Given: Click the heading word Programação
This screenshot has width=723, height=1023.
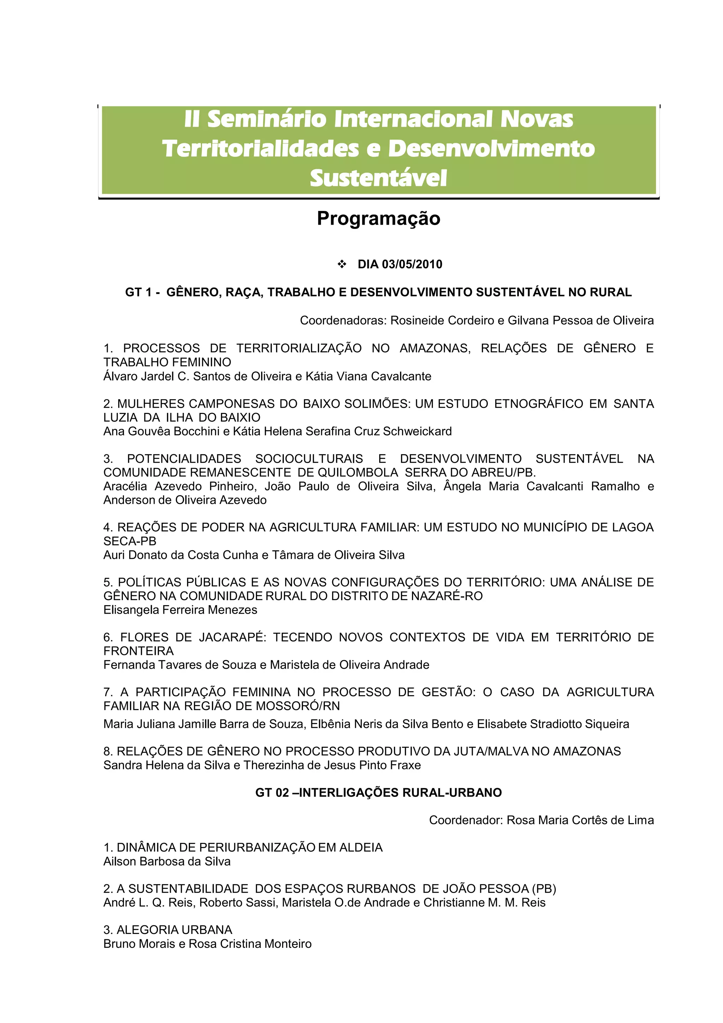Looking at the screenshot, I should [x=378, y=218].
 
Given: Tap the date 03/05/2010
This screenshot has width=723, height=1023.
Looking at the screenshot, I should [x=412, y=264].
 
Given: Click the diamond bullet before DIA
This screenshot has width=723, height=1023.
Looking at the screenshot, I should [x=342, y=264].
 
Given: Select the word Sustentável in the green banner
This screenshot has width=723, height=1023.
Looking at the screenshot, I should [x=378, y=178].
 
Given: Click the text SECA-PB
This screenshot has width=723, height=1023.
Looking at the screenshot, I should [x=130, y=542].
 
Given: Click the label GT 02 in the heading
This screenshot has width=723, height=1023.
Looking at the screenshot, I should [x=272, y=793].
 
